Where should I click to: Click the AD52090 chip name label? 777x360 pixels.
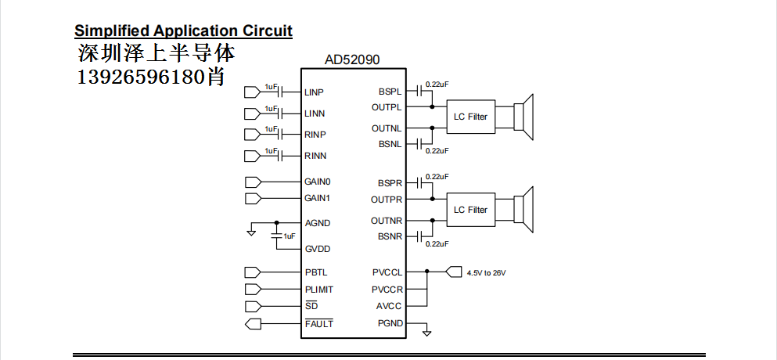coord(354,59)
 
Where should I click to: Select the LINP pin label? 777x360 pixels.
coord(315,92)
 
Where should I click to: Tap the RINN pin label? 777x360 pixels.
coord(315,156)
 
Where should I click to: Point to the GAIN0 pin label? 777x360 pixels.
coord(318,182)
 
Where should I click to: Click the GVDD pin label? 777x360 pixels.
coord(317,249)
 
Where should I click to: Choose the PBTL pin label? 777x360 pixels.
coord(316,272)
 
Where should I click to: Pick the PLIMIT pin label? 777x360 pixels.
coord(319,290)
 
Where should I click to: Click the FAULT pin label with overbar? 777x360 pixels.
coord(318,322)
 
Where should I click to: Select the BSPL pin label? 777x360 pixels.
coord(390,92)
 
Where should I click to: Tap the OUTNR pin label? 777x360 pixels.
coord(387,221)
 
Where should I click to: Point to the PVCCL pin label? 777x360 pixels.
coord(387,272)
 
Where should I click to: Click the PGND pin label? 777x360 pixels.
coord(390,323)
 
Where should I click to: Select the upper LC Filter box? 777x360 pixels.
coord(470,117)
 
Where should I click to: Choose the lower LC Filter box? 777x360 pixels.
coord(470,210)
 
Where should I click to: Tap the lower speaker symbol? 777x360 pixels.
coord(524,209)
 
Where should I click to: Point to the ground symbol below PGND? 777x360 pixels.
coord(426,333)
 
